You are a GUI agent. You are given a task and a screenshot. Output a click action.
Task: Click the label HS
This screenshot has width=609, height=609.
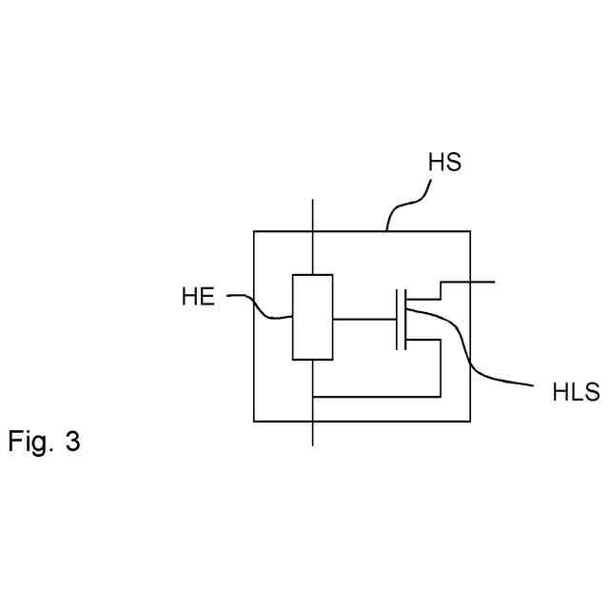[444, 162]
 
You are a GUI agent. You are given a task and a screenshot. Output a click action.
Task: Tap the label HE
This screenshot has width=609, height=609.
[198, 297]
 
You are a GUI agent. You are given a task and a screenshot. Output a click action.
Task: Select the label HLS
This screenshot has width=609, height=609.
[576, 392]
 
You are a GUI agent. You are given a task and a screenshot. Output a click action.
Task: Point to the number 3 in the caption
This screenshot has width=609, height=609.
[73, 442]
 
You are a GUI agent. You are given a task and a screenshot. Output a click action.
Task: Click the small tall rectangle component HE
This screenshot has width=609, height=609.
[312, 317]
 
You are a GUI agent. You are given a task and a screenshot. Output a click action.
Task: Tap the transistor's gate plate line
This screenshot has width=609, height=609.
[397, 319]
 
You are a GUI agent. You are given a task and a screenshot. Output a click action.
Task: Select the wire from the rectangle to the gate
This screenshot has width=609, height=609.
[364, 319]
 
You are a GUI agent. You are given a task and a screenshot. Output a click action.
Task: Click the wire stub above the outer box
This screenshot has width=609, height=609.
[312, 215]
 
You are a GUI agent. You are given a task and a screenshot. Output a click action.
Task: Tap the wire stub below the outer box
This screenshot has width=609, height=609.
[312, 433]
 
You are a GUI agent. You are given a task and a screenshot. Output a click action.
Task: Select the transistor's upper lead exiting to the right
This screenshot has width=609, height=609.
[466, 283]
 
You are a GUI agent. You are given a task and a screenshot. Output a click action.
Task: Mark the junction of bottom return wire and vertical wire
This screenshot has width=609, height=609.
[312, 395]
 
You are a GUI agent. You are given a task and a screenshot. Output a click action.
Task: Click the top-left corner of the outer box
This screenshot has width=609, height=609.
[254, 231]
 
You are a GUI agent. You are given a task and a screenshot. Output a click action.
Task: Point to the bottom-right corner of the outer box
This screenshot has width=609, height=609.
[470, 421]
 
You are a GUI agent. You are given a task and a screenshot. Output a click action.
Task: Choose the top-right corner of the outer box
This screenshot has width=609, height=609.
[470, 231]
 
